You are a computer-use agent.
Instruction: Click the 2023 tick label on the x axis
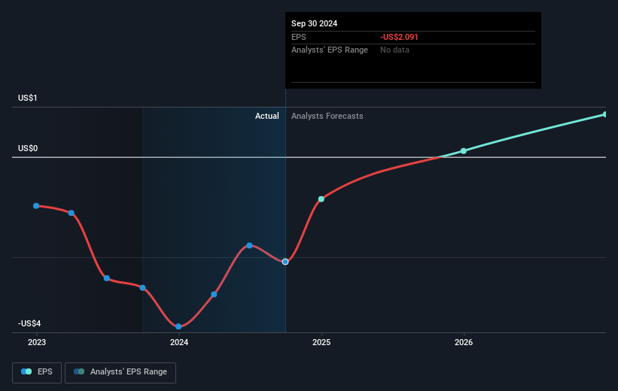(x=36, y=342)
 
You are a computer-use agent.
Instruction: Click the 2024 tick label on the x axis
(x=179, y=342)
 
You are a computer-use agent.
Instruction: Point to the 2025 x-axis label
(x=321, y=342)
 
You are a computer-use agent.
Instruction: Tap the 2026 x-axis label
(x=464, y=342)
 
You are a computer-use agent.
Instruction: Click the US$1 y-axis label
(x=29, y=99)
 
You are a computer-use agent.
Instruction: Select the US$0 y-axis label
(x=29, y=148)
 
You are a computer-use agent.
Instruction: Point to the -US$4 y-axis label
(x=30, y=323)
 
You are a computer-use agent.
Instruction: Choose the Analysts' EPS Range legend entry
(x=120, y=371)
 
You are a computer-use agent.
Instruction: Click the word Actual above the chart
(x=266, y=116)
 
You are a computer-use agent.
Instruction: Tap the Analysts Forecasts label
(x=327, y=116)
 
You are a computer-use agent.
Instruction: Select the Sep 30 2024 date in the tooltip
(x=315, y=23)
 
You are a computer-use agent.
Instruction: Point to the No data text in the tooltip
(x=394, y=50)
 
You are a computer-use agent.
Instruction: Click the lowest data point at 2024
(x=178, y=326)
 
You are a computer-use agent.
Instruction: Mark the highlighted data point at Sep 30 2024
(x=285, y=262)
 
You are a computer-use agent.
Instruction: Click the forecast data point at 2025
(x=321, y=199)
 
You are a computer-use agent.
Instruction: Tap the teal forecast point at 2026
(x=464, y=151)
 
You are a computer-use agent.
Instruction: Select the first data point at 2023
(x=36, y=205)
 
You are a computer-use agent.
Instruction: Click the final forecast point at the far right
(x=605, y=114)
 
